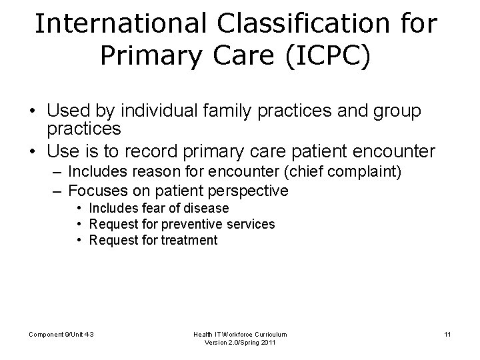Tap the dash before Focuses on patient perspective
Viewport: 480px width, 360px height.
coord(56,191)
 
